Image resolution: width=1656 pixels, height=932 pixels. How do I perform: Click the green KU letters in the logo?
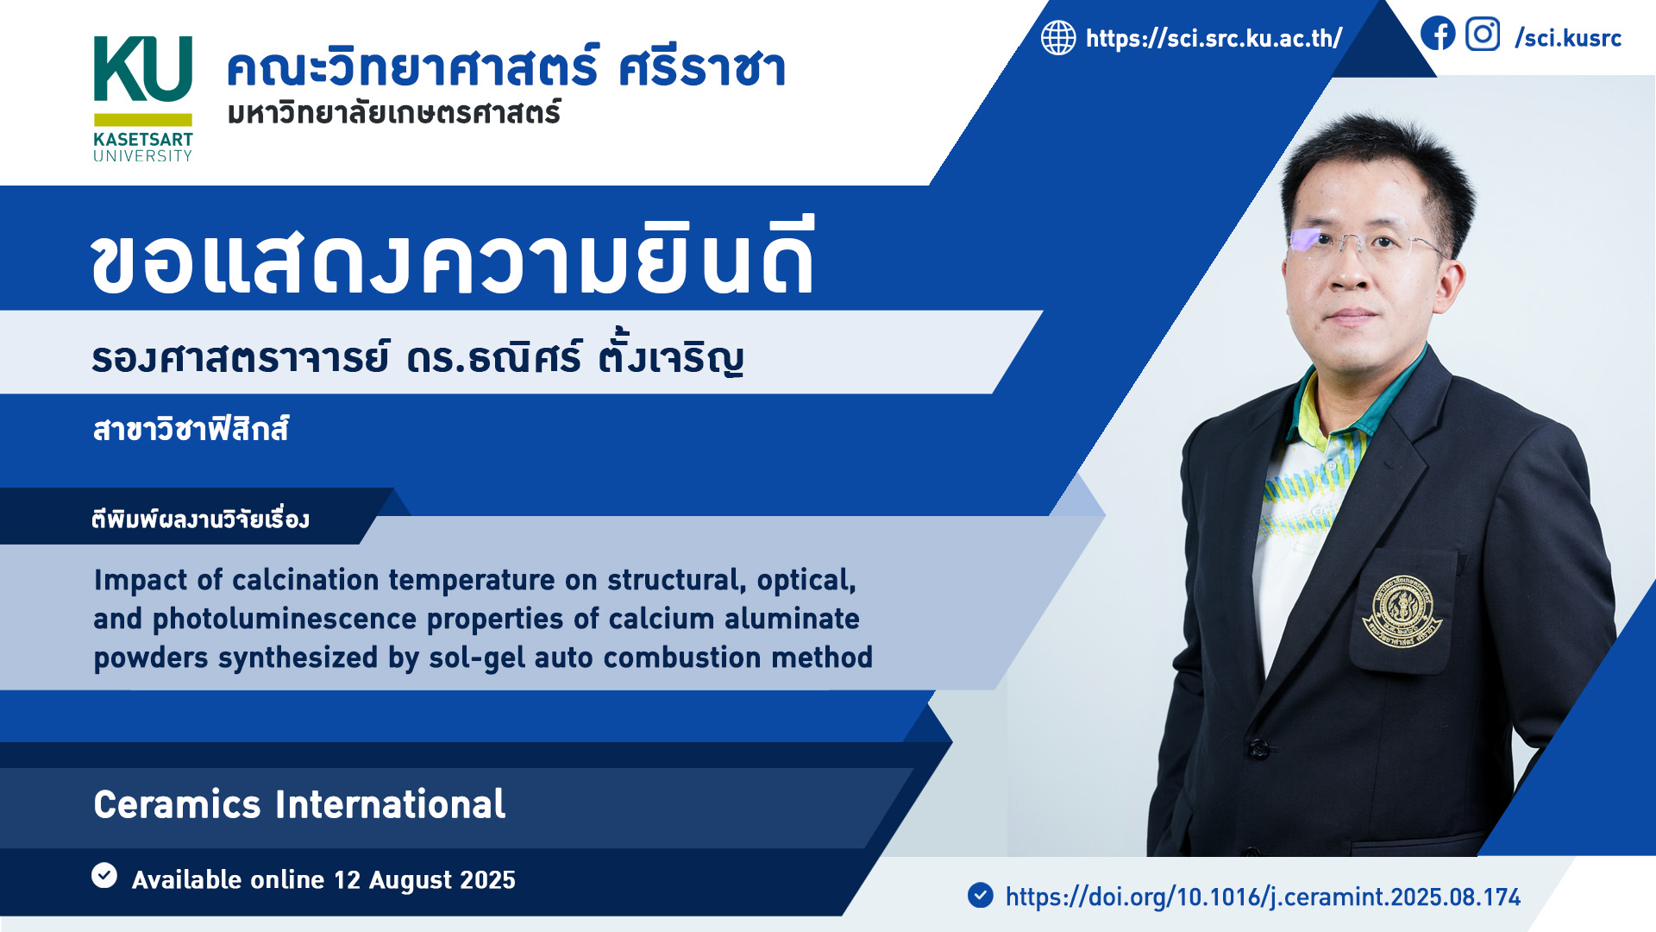[x=142, y=69]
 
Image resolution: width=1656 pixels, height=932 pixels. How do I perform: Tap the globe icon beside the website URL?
[x=1058, y=38]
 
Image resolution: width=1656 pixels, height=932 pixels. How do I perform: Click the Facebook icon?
[x=1438, y=35]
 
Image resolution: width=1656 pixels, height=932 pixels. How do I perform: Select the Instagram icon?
[x=1483, y=35]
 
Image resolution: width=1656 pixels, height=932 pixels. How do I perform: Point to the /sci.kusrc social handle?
[x=1568, y=38]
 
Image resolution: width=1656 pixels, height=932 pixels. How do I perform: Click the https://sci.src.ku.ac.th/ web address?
[x=1214, y=38]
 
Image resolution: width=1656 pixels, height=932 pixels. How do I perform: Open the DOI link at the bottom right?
[x=1263, y=897]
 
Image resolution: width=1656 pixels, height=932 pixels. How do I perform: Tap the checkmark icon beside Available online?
[x=104, y=875]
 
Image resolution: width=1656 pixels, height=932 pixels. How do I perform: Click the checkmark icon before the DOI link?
[x=980, y=895]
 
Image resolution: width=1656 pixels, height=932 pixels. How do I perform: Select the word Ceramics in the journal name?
[x=177, y=804]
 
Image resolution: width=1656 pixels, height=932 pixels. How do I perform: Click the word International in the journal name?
[x=390, y=804]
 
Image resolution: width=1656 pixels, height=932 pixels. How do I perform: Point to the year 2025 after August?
[x=487, y=880]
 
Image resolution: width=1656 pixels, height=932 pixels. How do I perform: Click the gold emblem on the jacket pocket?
[x=1401, y=611]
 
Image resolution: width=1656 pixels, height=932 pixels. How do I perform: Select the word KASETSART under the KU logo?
[x=143, y=140]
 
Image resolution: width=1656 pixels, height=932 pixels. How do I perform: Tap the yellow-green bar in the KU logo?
[x=143, y=120]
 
